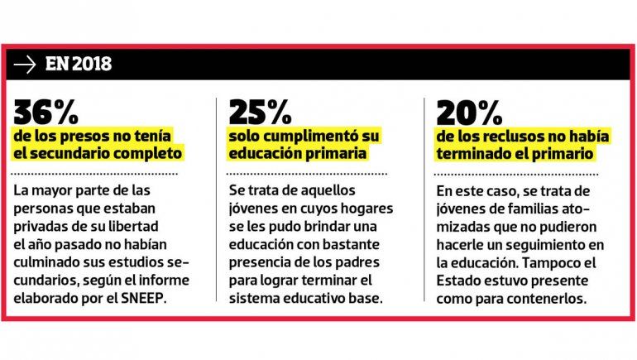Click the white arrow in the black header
[x=26, y=64]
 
